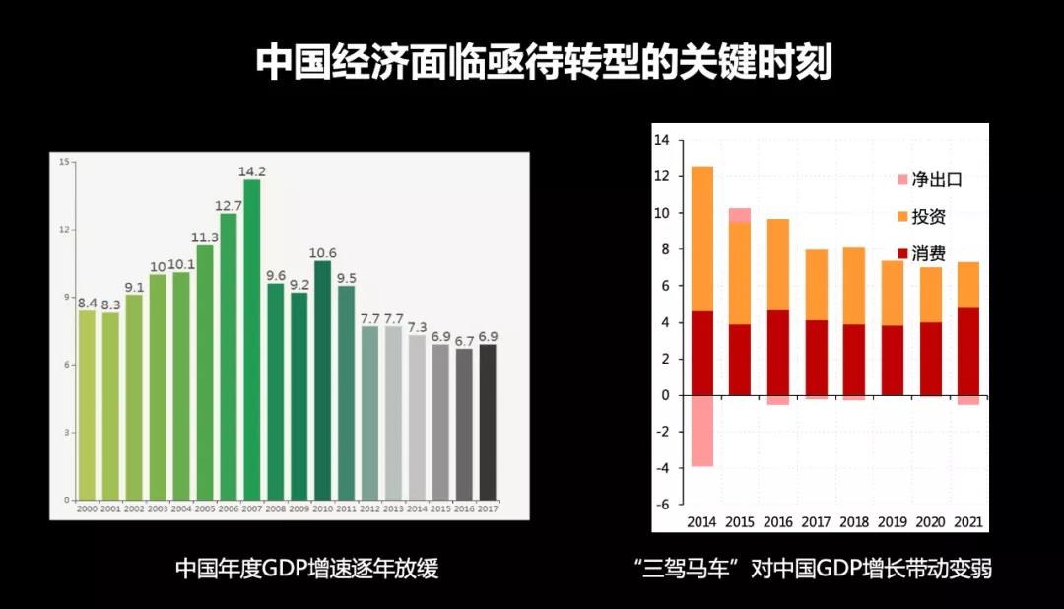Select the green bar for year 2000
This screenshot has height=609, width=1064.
(87, 404)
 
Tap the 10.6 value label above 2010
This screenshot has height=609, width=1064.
(322, 252)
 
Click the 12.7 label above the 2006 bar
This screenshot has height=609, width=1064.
(229, 205)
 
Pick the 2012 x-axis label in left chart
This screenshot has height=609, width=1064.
(369, 508)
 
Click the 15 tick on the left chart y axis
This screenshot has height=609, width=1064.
(64, 163)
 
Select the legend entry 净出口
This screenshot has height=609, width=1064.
(935, 179)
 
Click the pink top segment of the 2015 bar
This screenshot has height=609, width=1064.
(740, 215)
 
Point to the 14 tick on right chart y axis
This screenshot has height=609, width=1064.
(661, 141)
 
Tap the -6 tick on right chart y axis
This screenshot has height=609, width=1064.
(661, 505)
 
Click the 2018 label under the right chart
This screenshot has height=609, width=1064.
(854, 522)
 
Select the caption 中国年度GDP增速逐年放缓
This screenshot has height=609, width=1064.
(306, 569)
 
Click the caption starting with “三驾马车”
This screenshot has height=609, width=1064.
(813, 569)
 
